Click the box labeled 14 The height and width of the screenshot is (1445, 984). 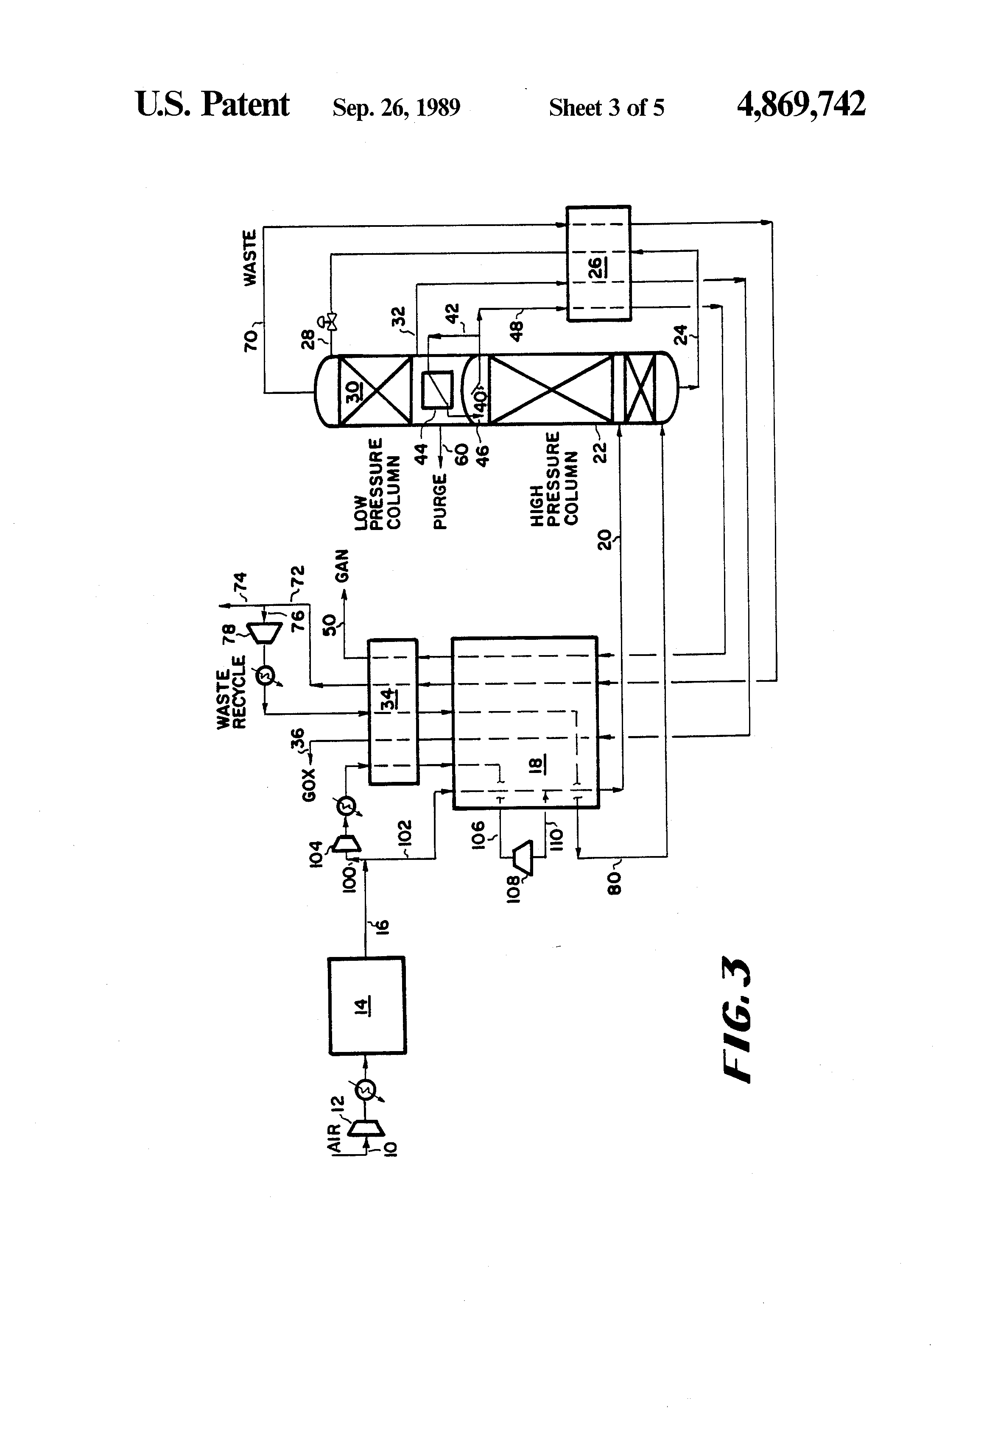pyautogui.click(x=367, y=1005)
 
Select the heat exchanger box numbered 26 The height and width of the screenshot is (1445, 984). pyautogui.click(x=598, y=264)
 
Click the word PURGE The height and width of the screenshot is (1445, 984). pyautogui.click(x=440, y=501)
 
